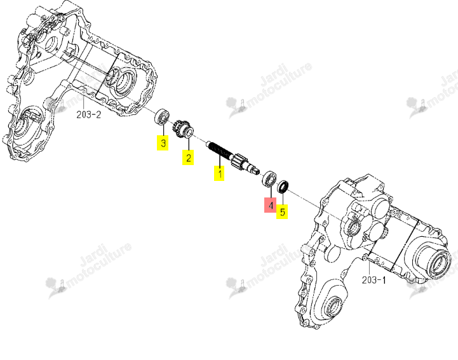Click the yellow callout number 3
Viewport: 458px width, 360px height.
pyautogui.click(x=163, y=143)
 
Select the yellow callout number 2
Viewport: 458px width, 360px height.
pyautogui.click(x=188, y=157)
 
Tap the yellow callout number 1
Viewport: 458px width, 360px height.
pyautogui.click(x=219, y=173)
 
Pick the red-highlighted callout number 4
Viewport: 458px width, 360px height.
pyautogui.click(x=270, y=205)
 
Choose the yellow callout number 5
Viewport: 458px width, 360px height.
pyautogui.click(x=282, y=211)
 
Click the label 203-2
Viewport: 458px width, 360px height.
pyautogui.click(x=88, y=115)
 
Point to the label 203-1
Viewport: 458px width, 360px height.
pyautogui.click(x=374, y=280)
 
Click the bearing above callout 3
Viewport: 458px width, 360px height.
pyautogui.click(x=161, y=117)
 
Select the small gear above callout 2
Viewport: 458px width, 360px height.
pyautogui.click(x=184, y=130)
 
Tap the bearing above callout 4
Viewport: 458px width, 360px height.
pyautogui.click(x=269, y=179)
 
